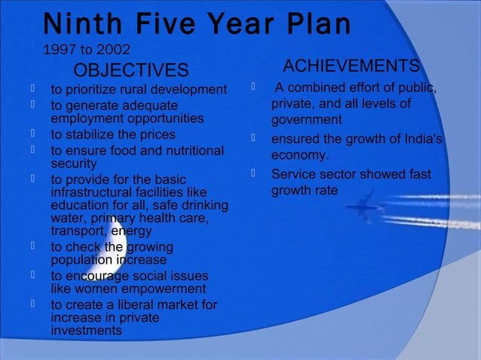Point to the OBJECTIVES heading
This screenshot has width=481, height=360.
click(130, 71)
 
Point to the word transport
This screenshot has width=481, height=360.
click(78, 231)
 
